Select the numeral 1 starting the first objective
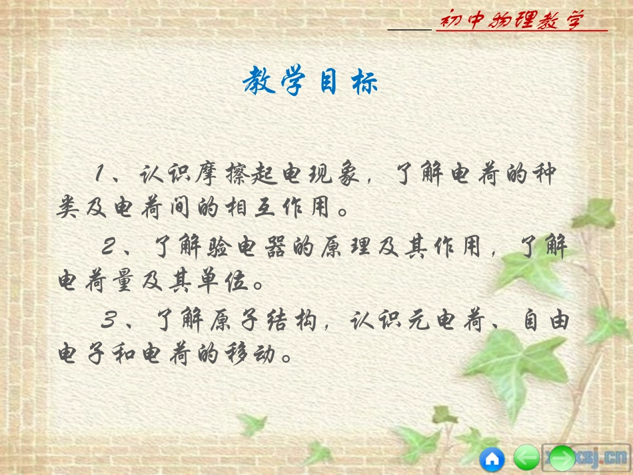pos(100,175)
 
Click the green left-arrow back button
pos(526,458)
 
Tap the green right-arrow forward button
pos(562,458)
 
